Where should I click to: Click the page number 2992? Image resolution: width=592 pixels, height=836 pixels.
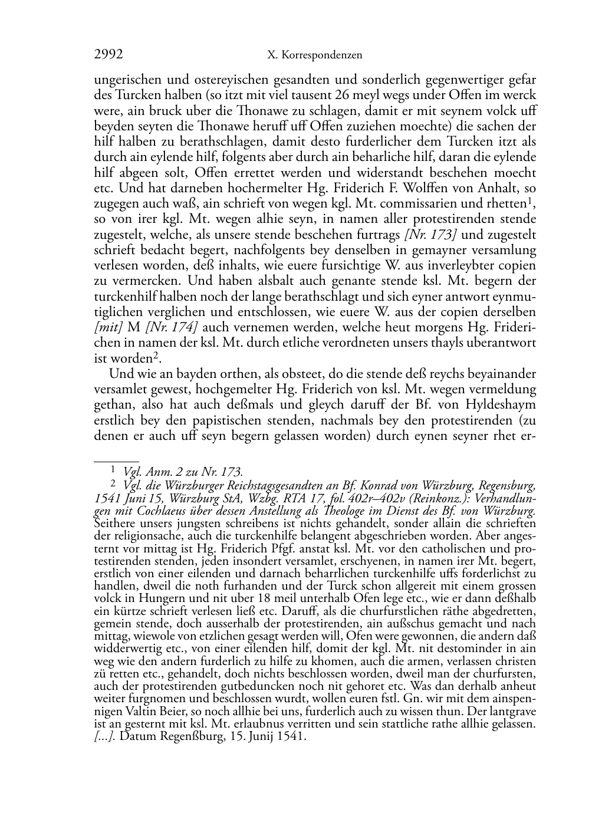[108, 55]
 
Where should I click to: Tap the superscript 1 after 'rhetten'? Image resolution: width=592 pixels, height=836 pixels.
[532, 200]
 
